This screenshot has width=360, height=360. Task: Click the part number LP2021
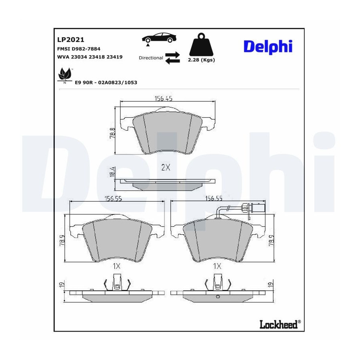click(71, 40)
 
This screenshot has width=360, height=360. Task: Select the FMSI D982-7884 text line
click(79, 49)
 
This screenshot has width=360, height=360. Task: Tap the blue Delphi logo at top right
click(268, 47)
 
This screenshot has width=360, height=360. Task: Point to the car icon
click(159, 38)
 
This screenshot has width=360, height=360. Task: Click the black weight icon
click(201, 44)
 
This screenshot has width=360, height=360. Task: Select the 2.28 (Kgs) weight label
click(201, 60)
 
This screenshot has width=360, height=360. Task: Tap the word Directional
click(151, 58)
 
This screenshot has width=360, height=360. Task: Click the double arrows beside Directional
click(173, 58)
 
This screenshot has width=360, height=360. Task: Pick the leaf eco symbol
click(64, 75)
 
